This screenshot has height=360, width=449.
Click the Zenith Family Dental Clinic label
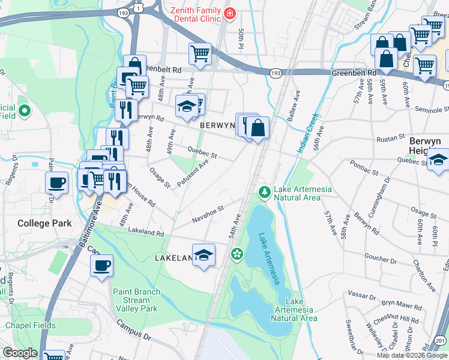pyautogui.click(x=194, y=14)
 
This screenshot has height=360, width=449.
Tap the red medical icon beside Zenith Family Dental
pyautogui.click(x=229, y=13)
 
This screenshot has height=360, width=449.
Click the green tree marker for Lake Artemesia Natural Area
pyautogui.click(x=263, y=192)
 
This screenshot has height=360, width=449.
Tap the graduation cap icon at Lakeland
pyautogui.click(x=203, y=256)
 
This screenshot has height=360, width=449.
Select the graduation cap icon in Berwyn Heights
pyautogui.click(x=438, y=161)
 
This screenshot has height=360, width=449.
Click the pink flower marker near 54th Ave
pyautogui.click(x=237, y=254)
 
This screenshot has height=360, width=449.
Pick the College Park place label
pyautogui.click(x=44, y=223)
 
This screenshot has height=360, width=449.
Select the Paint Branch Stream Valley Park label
pyautogui.click(x=136, y=300)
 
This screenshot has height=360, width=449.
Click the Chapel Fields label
pyautogui.click(x=31, y=326)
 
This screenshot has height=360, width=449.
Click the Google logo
pyautogui.click(x=20, y=353)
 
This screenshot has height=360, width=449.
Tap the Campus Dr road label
pyautogui.click(x=133, y=329)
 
